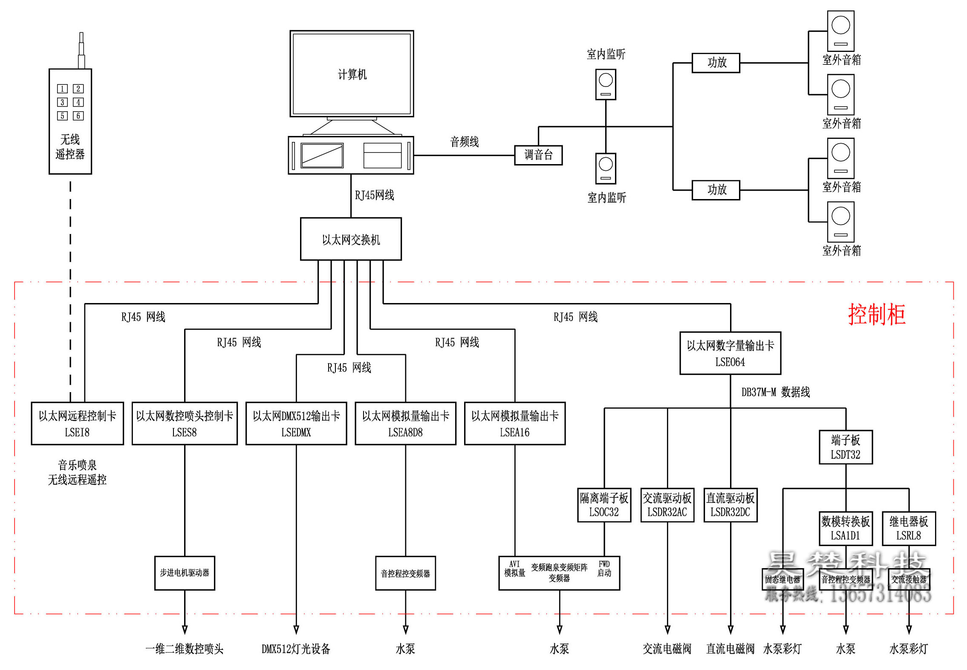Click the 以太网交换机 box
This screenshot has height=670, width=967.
[x=351, y=239]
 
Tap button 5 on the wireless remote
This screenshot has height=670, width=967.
[x=62, y=116]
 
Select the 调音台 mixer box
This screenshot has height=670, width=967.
[x=538, y=155]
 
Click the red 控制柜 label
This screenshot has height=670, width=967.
[x=876, y=315]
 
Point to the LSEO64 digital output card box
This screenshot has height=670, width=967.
[x=730, y=353]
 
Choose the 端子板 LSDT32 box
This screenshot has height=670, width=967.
[x=846, y=447]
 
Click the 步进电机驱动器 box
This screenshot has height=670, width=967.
[x=185, y=573]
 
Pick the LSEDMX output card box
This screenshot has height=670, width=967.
[x=296, y=424]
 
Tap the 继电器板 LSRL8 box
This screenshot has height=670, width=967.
[x=909, y=528]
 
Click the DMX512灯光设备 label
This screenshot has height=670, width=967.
[x=296, y=649]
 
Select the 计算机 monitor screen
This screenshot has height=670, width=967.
[x=352, y=74]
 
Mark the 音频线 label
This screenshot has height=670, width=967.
[x=465, y=142]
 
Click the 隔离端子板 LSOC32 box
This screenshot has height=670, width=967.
[x=604, y=505]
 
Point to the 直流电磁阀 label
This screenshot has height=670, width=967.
[x=730, y=649]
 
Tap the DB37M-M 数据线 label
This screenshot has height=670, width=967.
[x=776, y=392]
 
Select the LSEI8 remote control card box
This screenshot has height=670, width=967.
[x=77, y=424]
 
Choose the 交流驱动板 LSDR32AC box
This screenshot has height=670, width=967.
[x=667, y=505]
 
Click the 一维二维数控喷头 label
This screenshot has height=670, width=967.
[x=184, y=649]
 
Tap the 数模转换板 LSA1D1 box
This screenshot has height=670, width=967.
[x=846, y=528]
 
